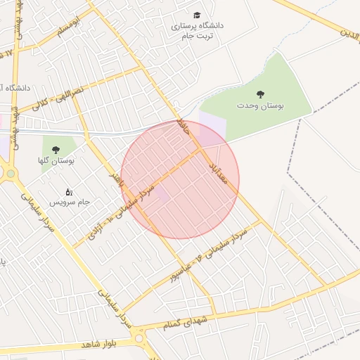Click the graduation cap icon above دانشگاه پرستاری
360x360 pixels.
coord(197,15)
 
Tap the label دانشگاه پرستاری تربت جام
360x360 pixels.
coord(197,30)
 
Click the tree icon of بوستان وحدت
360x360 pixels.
coord(261,94)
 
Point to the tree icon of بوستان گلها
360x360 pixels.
coord(56,149)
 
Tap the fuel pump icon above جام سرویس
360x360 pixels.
coord(68,191)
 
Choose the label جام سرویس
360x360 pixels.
coord(70,202)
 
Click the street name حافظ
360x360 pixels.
coord(184,128)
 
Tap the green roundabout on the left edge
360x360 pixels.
coord(10,174)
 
